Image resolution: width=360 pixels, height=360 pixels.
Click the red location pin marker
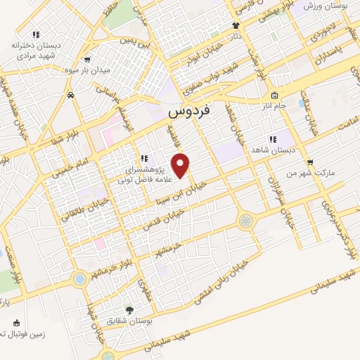coord(181,166)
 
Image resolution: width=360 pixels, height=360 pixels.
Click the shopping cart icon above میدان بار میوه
coord(86,60)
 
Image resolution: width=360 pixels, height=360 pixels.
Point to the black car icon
coord(71,94)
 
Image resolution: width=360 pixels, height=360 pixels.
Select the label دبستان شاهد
coord(273,150)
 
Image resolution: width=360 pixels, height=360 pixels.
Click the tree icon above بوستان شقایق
coord(129,309)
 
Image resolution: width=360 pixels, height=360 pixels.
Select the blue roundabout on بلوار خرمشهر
coord(79,279)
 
